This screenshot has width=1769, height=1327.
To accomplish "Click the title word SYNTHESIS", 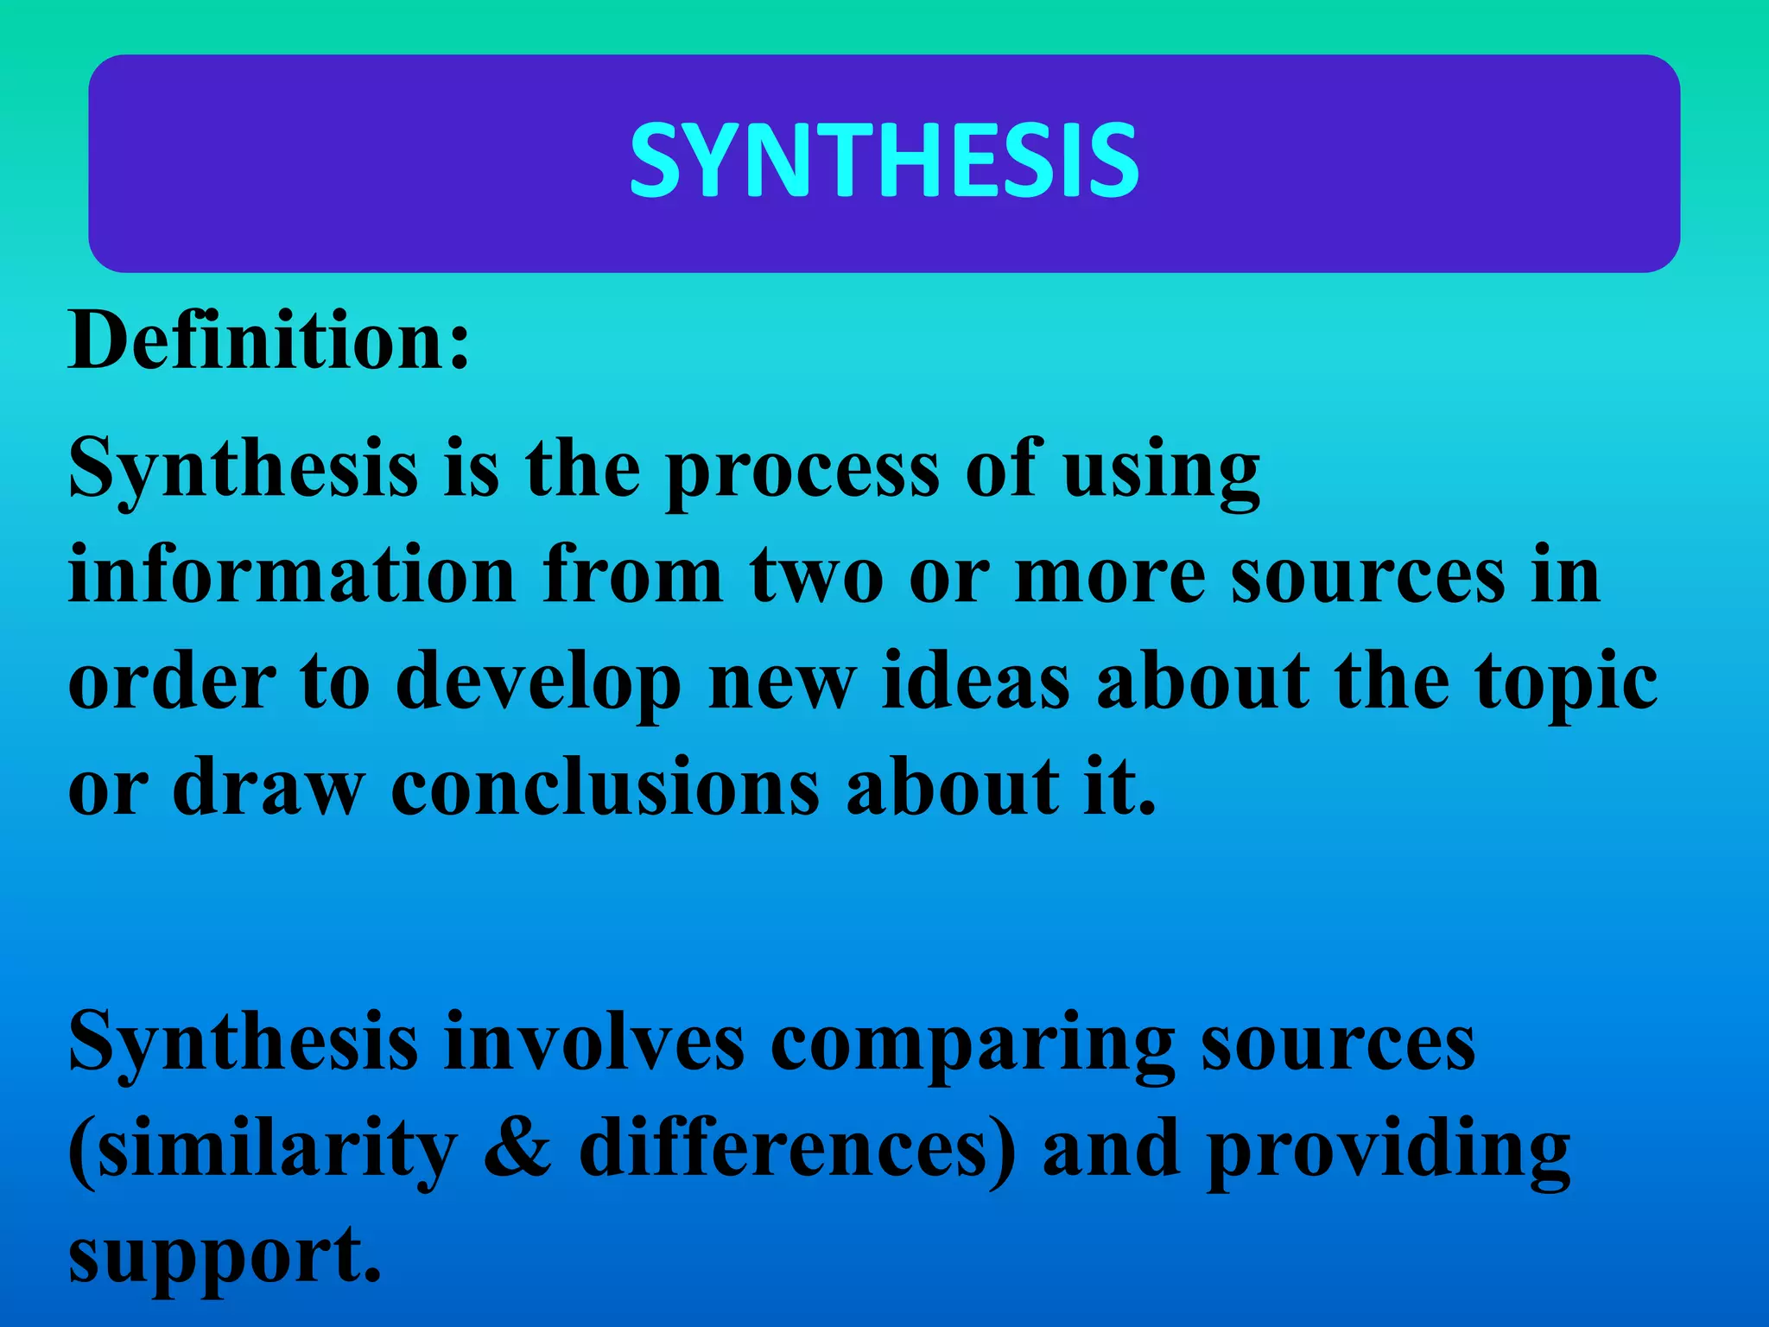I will coord(884,161).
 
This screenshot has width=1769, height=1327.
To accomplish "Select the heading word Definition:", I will coord(269,342).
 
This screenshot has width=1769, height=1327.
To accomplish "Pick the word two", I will coord(816,577).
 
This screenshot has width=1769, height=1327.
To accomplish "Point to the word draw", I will coord(269,786).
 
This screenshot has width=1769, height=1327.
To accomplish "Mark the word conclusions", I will coord(605,786).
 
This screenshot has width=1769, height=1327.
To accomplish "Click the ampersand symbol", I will coord(517,1149).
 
